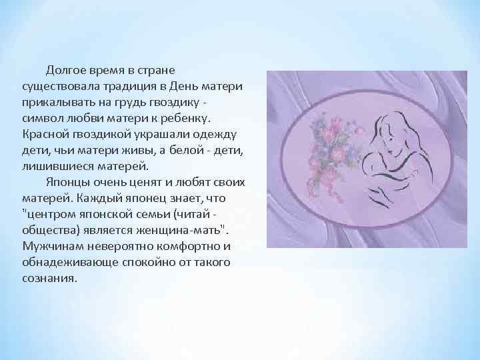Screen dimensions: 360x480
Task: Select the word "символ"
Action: coord(41,118)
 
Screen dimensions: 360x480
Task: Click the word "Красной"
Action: coord(44,134)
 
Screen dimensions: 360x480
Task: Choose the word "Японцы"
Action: coord(67,182)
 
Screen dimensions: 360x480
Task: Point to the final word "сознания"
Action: coord(48,278)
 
